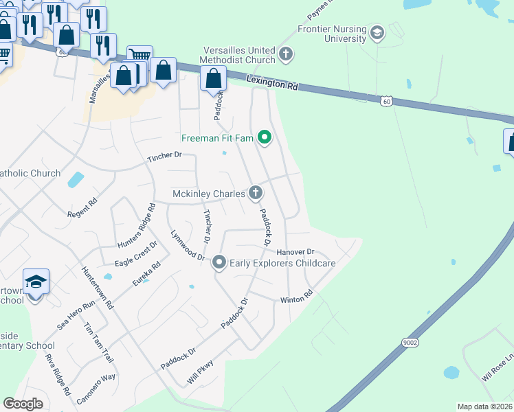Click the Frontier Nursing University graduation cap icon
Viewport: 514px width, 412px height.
tap(377, 32)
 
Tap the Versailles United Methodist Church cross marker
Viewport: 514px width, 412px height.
tap(287, 52)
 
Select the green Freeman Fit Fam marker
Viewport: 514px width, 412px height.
tap(265, 139)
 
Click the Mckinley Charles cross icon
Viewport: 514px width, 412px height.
tap(255, 193)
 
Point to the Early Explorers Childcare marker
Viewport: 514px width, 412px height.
tap(219, 262)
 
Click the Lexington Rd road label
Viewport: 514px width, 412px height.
tap(273, 84)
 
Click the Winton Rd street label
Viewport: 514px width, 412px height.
tap(296, 300)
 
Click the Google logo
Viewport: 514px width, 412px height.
tap(23, 404)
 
